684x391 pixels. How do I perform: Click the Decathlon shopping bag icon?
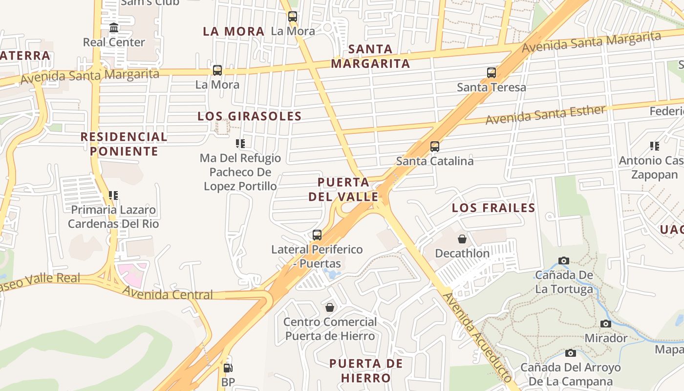click(x=462, y=239)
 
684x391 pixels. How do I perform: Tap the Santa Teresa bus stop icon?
click(x=492, y=73)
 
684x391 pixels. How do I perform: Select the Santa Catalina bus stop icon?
click(x=434, y=146)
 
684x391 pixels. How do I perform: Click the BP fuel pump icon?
click(x=228, y=368)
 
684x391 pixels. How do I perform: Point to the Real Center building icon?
click(x=114, y=27)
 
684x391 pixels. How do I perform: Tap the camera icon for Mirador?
click(x=606, y=324)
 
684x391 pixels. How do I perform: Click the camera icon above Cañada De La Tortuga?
click(x=564, y=261)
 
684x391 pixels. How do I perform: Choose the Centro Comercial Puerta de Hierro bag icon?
click(x=330, y=307)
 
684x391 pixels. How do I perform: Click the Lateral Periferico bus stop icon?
click(x=317, y=235)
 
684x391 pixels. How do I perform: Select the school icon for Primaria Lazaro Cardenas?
click(x=113, y=195)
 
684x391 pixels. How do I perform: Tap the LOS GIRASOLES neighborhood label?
click(x=249, y=116)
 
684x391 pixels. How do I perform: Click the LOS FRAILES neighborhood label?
click(x=493, y=208)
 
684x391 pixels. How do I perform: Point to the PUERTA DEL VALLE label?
click(x=343, y=190)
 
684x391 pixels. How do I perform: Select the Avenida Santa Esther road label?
click(x=545, y=114)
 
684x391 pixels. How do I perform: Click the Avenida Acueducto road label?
click(x=477, y=337)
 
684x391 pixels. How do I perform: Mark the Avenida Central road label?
click(x=167, y=294)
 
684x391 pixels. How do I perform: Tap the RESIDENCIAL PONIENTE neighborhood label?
click(x=124, y=144)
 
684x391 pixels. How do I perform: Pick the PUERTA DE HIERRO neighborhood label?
click(x=366, y=370)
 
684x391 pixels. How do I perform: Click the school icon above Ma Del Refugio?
click(x=240, y=144)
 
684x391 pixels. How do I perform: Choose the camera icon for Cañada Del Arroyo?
click(x=570, y=353)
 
